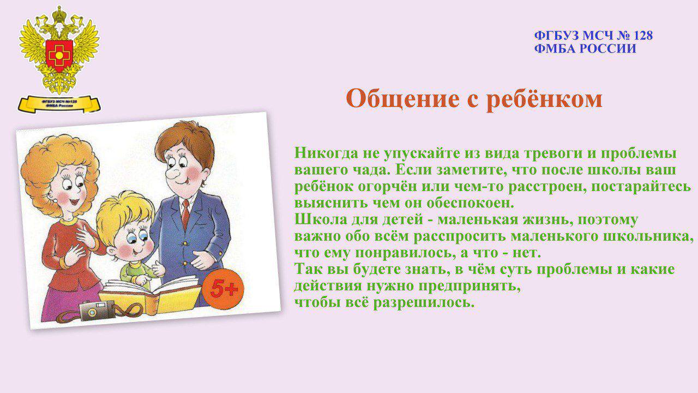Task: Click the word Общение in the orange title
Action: click(x=402, y=99)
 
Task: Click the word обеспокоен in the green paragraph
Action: click(x=470, y=203)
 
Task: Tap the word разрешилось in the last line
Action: click(x=424, y=302)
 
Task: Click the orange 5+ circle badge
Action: click(x=224, y=289)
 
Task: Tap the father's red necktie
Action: click(x=185, y=214)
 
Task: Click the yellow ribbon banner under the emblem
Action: click(x=59, y=104)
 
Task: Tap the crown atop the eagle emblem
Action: click(x=58, y=13)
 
